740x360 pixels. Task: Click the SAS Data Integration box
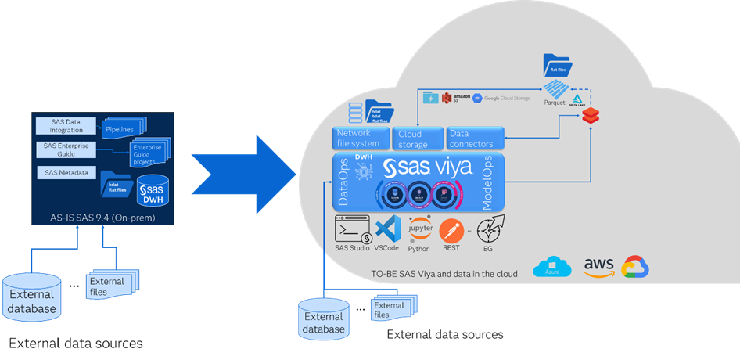65,125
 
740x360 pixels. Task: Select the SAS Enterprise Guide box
65,149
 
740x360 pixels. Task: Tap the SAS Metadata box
65,172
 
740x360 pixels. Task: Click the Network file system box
359,139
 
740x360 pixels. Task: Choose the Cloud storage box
415,139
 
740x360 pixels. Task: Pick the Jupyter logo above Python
419,227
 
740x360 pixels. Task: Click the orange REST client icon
451,230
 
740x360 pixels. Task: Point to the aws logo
598,266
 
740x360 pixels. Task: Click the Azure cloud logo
552,268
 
